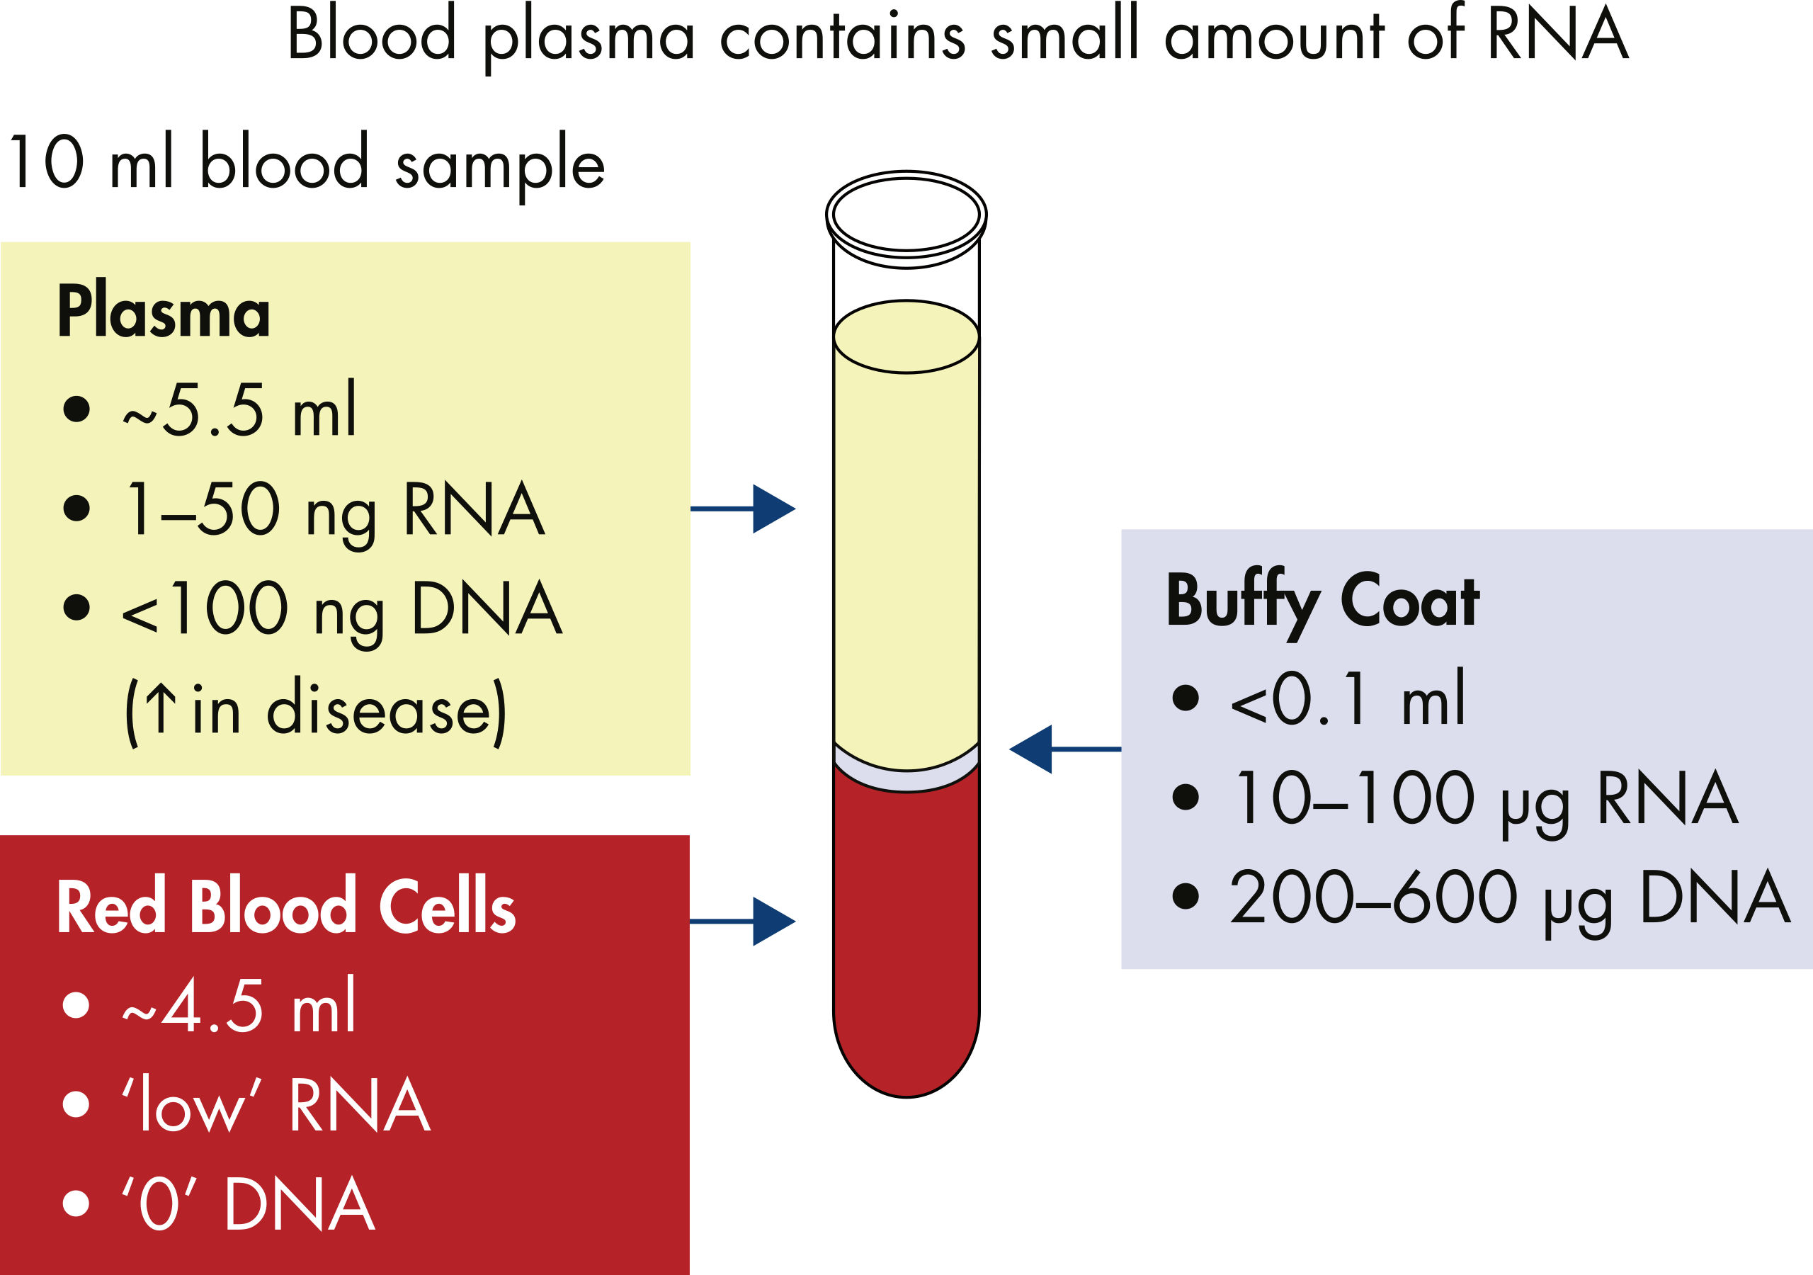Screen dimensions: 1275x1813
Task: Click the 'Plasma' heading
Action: [164, 312]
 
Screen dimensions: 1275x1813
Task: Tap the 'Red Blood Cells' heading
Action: [286, 907]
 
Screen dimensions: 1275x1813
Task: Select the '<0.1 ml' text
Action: [1347, 698]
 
